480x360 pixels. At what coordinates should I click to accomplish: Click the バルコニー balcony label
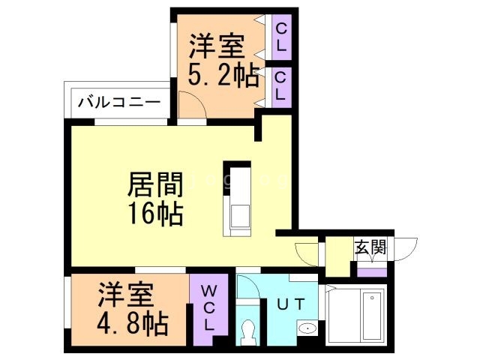pos(118,100)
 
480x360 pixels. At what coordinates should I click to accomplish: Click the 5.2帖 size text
pos(223,76)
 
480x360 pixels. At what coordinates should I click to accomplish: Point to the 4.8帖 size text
pos(132,325)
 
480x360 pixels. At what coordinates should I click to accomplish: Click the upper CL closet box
pos(281,37)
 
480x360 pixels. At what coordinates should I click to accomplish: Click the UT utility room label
pos(291,304)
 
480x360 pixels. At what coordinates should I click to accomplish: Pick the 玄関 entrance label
pos(370,247)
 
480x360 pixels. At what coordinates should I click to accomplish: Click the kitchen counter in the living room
pos(241,202)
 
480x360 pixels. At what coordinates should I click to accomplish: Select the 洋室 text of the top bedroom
pos(216,46)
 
